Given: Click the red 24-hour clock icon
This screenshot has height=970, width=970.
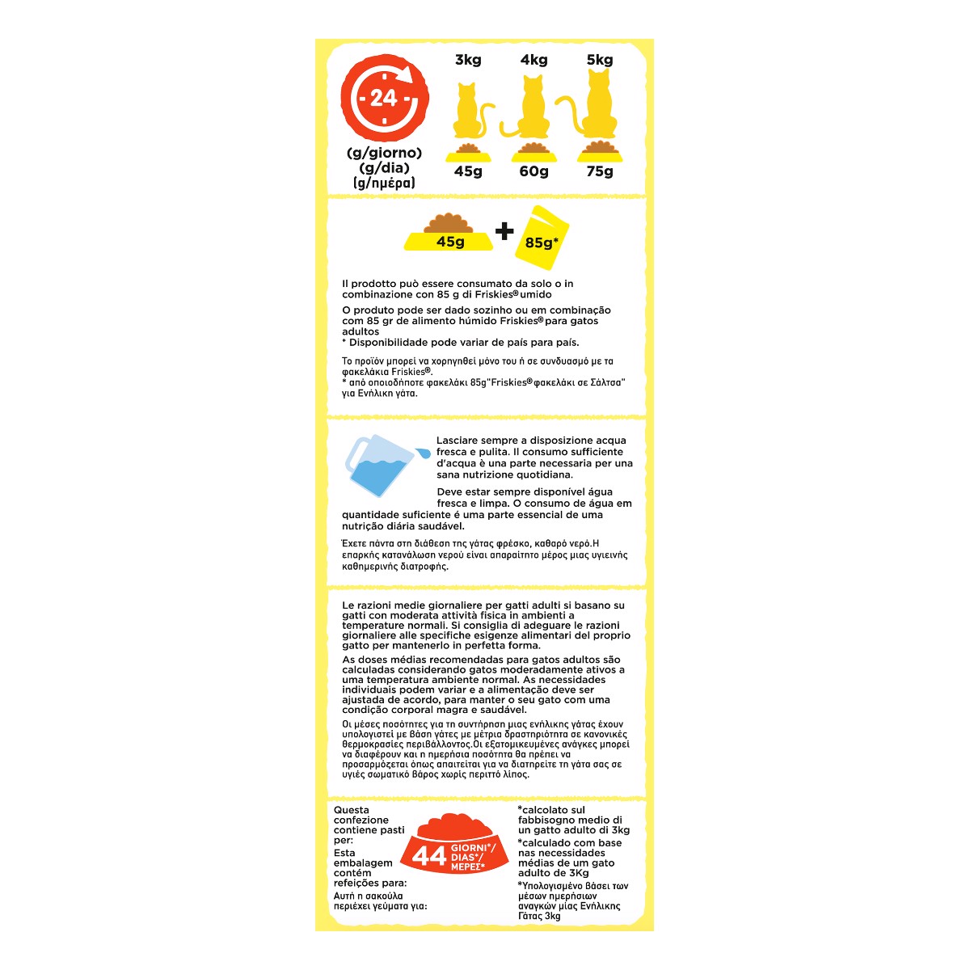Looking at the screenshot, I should [x=385, y=98].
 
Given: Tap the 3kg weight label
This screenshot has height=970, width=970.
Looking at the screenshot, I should [x=468, y=60].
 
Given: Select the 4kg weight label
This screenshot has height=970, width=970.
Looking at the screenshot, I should [x=533, y=60].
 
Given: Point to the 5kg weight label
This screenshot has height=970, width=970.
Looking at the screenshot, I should [x=600, y=60].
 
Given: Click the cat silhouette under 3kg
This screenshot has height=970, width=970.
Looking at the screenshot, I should [x=469, y=112].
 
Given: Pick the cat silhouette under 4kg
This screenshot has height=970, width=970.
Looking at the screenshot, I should [x=531, y=109].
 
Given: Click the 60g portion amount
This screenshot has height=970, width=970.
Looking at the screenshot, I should [x=533, y=171].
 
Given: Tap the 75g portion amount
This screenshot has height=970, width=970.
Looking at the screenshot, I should [x=600, y=171].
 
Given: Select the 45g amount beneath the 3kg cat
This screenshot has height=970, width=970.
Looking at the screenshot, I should [x=468, y=171].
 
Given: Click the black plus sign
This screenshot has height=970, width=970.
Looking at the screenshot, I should [x=504, y=232].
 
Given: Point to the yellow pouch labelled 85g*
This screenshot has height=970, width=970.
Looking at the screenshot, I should [x=542, y=238].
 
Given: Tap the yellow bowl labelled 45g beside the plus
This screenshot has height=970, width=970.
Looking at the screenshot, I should [x=449, y=236].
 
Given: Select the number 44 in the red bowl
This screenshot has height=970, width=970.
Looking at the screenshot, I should [x=429, y=856].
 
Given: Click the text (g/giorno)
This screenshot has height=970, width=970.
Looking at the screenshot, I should [x=385, y=153].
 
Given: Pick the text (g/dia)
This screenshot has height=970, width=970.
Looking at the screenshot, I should [x=385, y=168].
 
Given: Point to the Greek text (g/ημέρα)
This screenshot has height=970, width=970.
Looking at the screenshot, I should [x=385, y=183].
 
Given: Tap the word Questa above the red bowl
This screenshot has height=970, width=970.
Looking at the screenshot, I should [x=352, y=810].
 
